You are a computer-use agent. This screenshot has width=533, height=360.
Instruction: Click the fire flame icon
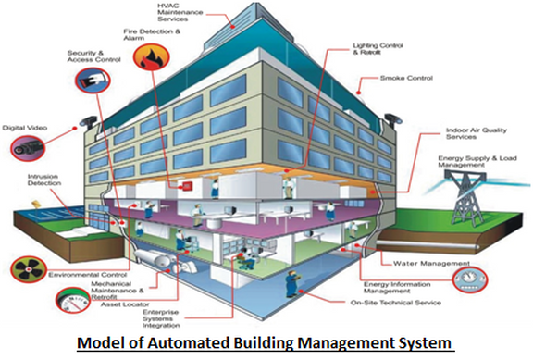(151, 57)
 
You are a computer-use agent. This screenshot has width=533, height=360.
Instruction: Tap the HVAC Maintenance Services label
(180, 12)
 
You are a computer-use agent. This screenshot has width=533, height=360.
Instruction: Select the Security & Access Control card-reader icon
(93, 81)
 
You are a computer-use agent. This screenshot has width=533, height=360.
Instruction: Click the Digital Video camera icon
(28, 148)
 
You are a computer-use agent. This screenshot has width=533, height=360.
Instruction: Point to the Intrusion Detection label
(44, 180)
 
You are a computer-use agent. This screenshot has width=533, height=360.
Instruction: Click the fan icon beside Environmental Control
(28, 269)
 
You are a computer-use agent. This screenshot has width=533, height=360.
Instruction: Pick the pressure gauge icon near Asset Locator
(73, 300)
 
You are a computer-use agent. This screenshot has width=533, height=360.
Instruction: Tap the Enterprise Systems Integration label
(161, 318)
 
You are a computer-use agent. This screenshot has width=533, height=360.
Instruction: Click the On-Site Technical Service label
(396, 303)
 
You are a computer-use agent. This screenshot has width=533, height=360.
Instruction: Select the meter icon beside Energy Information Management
(470, 279)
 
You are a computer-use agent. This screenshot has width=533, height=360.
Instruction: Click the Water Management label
(431, 263)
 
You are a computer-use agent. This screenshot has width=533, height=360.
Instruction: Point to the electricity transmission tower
(465, 196)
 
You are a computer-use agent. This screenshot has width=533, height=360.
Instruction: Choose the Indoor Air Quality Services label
(476, 133)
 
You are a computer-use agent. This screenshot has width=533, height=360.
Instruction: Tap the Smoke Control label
(406, 78)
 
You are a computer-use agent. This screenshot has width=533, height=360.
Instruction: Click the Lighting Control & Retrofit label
(378, 49)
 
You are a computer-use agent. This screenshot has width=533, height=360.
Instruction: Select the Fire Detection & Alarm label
(152, 34)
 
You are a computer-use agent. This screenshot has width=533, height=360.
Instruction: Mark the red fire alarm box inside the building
(187, 186)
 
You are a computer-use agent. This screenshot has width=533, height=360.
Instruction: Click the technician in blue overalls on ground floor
(291, 283)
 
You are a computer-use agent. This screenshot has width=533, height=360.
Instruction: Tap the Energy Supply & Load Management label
(477, 161)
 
